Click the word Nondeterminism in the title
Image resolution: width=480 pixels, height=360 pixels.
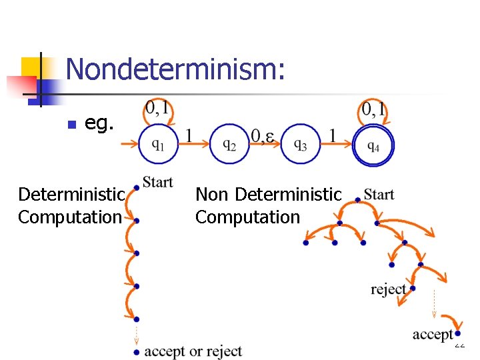pos(176,69)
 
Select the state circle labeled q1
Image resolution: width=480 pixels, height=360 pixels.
pos(159,144)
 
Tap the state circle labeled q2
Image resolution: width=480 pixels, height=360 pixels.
pos(229,144)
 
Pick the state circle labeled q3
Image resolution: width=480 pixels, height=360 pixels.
pos(300,144)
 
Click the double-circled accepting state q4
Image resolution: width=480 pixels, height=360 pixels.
pos(373,145)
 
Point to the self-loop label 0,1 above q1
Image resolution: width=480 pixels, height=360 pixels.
pos(157,107)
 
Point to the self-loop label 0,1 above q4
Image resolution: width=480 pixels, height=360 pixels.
pos(374,107)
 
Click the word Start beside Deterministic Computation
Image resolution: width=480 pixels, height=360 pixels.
pos(157,181)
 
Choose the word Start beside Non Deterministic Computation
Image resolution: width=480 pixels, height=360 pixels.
pos(379,195)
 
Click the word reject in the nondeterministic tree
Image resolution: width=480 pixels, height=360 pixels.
pos(388,289)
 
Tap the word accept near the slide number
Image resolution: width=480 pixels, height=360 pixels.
pos(432,334)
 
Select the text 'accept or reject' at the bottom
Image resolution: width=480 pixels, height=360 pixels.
pos(193,351)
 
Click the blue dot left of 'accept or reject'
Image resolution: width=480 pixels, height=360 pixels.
pos(136,351)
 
